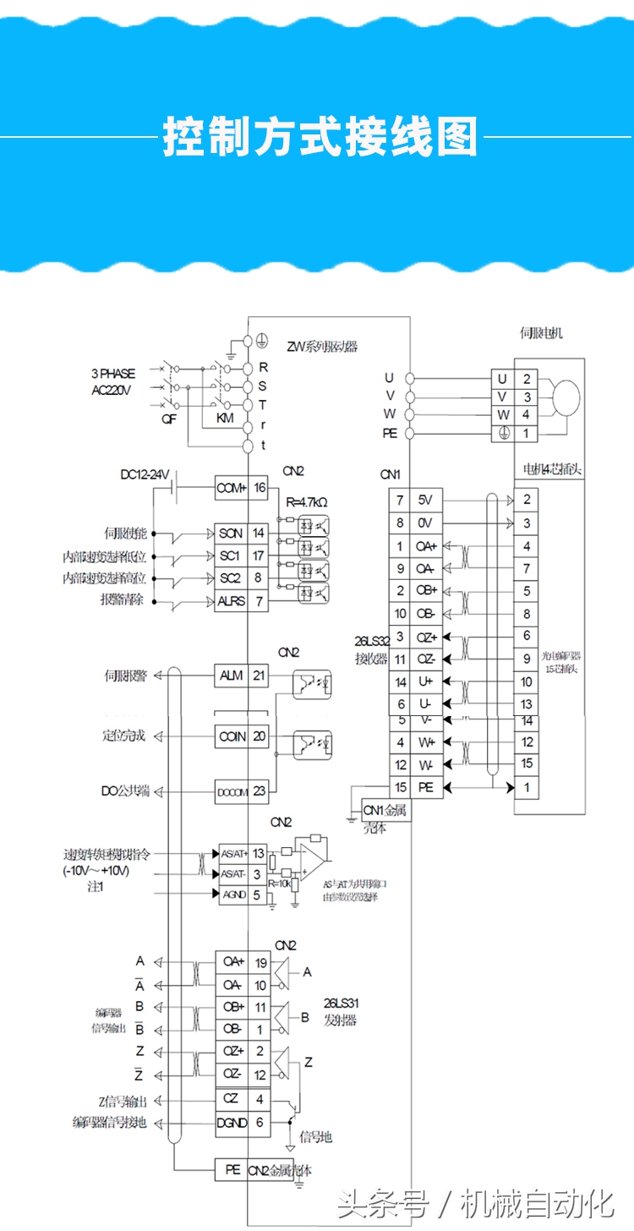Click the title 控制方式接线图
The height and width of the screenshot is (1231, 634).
(320, 136)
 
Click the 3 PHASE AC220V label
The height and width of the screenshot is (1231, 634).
(113, 380)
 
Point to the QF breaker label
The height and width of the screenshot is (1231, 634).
(169, 419)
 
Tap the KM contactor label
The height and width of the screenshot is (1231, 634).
(224, 419)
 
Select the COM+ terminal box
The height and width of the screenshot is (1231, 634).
(231, 488)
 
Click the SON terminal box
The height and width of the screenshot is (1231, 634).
(231, 533)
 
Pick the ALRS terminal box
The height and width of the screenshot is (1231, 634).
(231, 601)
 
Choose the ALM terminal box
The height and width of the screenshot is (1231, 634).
(231, 676)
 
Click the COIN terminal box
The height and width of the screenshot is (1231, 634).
(232, 736)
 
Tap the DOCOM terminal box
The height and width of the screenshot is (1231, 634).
(232, 791)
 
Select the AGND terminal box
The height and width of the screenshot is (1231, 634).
(232, 894)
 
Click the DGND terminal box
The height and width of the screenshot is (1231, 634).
(231, 1122)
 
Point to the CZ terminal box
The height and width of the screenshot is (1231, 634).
(231, 1099)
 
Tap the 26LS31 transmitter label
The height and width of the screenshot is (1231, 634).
(340, 1011)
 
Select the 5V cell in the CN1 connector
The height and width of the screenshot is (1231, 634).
(425, 500)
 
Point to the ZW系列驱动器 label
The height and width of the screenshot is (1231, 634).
(322, 347)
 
